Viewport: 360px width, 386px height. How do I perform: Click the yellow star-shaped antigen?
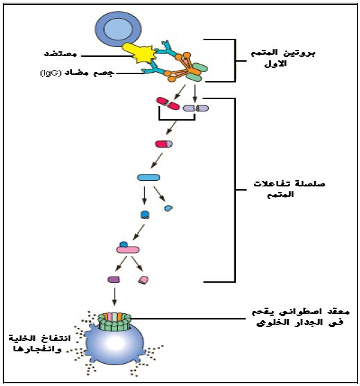coord(140,53)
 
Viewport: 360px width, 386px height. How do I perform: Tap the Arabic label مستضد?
coord(60,54)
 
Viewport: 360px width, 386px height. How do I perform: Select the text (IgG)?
coord(51,73)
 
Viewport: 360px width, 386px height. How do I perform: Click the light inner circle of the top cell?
coord(119,29)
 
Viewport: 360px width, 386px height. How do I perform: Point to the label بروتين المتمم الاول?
coord(282,58)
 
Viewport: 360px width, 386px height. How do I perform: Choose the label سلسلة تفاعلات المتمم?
coord(289,189)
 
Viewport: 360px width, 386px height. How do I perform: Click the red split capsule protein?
coord(168,103)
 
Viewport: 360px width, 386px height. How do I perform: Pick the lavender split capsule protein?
coord(196,108)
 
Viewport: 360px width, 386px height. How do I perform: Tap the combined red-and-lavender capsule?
coord(164,143)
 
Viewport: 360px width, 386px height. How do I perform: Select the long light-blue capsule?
coord(148,177)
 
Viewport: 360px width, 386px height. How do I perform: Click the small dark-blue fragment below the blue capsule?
coord(145,215)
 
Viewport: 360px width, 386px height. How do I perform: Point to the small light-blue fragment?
coord(169,209)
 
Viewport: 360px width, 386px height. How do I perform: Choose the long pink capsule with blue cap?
coord(128,248)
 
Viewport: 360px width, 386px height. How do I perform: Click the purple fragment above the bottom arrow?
coord(114,279)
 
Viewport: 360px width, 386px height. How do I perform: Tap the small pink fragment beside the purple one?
coord(144,280)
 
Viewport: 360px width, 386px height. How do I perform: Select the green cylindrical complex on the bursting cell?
coord(114,322)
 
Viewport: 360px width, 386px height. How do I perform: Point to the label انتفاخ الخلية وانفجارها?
coord(40,343)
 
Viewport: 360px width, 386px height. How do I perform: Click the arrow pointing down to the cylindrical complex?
coord(114,297)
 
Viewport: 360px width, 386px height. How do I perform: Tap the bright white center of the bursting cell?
coord(112,343)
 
